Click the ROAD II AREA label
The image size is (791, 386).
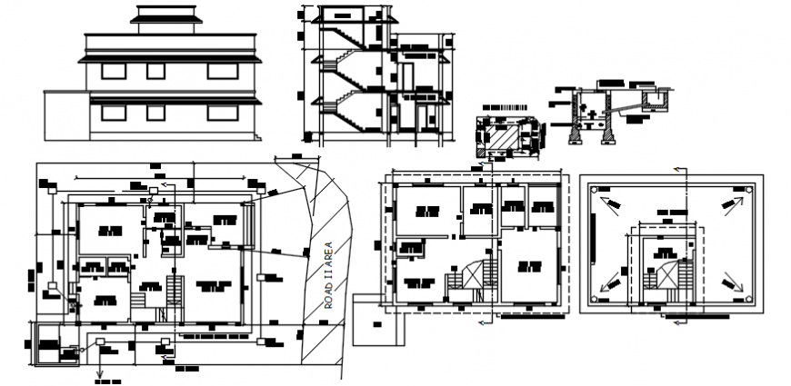(x=329, y=275)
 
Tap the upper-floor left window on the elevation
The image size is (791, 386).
(x=114, y=70)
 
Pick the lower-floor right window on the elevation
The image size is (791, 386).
(x=219, y=112)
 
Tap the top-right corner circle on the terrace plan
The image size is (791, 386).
(x=748, y=189)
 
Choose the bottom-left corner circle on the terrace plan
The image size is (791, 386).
(x=593, y=299)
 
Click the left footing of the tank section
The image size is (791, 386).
(x=574, y=134)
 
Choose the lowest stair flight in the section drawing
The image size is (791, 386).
(x=345, y=114)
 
